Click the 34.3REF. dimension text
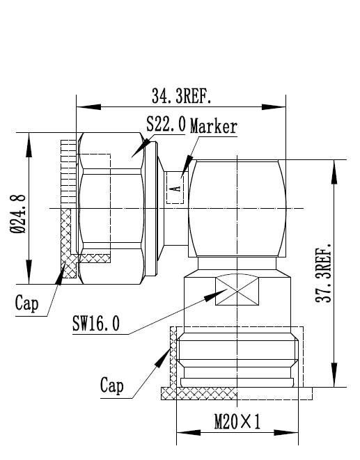point(181,96)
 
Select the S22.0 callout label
point(166,124)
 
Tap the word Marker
point(214,127)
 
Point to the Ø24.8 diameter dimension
point(18,214)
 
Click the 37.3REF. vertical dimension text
point(323,272)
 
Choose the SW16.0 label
point(96,324)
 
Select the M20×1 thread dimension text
point(237,422)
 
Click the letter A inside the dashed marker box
point(177,188)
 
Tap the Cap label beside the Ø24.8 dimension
point(26,303)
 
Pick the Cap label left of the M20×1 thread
point(112,386)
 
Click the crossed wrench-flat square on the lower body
point(237,290)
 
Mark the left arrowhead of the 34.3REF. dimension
point(88,106)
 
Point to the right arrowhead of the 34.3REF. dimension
point(274,106)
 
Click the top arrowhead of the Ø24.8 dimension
point(29,145)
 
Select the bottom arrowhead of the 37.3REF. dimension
point(334,375)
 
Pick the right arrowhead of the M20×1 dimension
point(286,433)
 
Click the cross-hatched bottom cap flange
point(198,393)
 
